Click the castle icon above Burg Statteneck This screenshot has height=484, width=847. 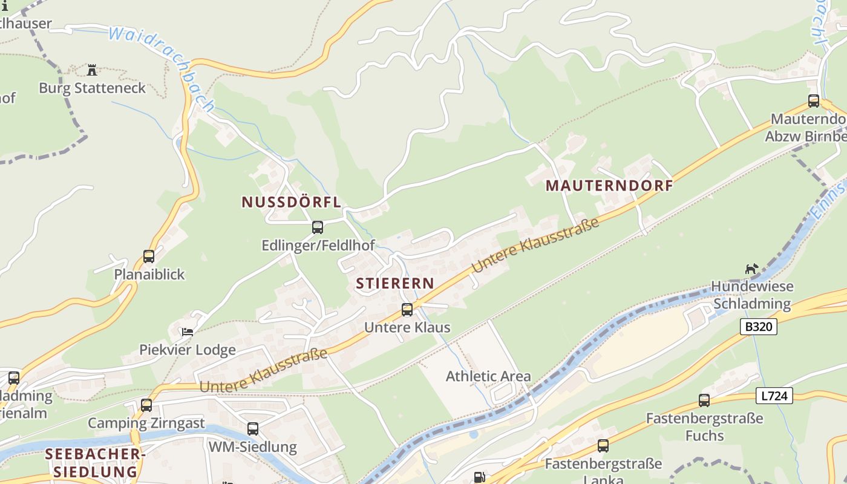pos(92,70)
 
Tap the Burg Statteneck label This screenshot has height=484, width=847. pos(93,88)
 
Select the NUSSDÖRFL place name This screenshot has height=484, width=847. pos(292,202)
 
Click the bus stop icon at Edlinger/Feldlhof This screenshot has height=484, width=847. pos(318,227)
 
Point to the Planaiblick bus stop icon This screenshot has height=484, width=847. pos(149,257)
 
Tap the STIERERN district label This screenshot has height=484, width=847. pos(395,283)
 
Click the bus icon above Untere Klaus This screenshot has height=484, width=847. pos(407,310)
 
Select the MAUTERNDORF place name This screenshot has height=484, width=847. pos(609,186)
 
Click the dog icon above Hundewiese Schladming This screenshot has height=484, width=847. pos(751,269)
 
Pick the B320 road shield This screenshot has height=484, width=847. pos(759,327)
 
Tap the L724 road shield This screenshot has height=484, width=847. pos(774,396)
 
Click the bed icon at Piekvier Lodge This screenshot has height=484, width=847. pos(188,332)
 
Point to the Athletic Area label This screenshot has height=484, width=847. pos(488,376)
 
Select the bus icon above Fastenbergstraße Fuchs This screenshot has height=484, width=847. pos(704,400)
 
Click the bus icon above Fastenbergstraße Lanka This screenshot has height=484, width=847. pos(603,446)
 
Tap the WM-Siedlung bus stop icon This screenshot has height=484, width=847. pos(253,429)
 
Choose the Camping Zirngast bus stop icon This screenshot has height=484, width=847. pos(146,405)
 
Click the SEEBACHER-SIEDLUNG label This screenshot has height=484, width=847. pos(96,463)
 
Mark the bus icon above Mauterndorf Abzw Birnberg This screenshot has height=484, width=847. pos(814,101)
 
